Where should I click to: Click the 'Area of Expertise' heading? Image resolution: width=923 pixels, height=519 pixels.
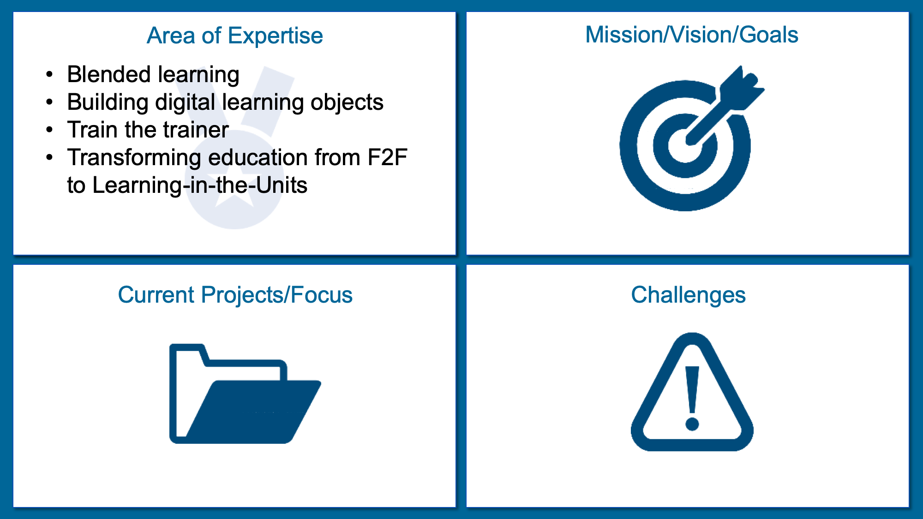pyautogui.click(x=235, y=36)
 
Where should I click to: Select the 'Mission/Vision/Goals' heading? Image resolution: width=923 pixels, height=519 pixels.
pyautogui.click(x=692, y=35)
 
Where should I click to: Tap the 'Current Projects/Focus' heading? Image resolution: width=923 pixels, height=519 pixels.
pyautogui.click(x=235, y=295)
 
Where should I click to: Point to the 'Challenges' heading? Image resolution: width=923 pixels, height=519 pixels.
pyautogui.click(x=688, y=295)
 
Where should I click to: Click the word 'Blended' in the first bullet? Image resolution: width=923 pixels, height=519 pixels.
pyautogui.click(x=109, y=74)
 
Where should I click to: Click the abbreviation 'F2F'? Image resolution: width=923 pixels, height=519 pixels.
pyautogui.click(x=387, y=157)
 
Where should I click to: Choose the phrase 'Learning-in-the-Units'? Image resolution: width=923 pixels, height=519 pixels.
pyautogui.click(x=200, y=185)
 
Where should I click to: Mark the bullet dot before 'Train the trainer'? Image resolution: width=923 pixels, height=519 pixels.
pyautogui.click(x=50, y=130)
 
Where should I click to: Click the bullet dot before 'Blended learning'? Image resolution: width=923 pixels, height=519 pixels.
pyautogui.click(x=50, y=75)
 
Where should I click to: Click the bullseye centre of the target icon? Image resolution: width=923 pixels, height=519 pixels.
pyautogui.click(x=685, y=145)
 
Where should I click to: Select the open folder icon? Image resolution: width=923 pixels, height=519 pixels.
pyautogui.click(x=245, y=394)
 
